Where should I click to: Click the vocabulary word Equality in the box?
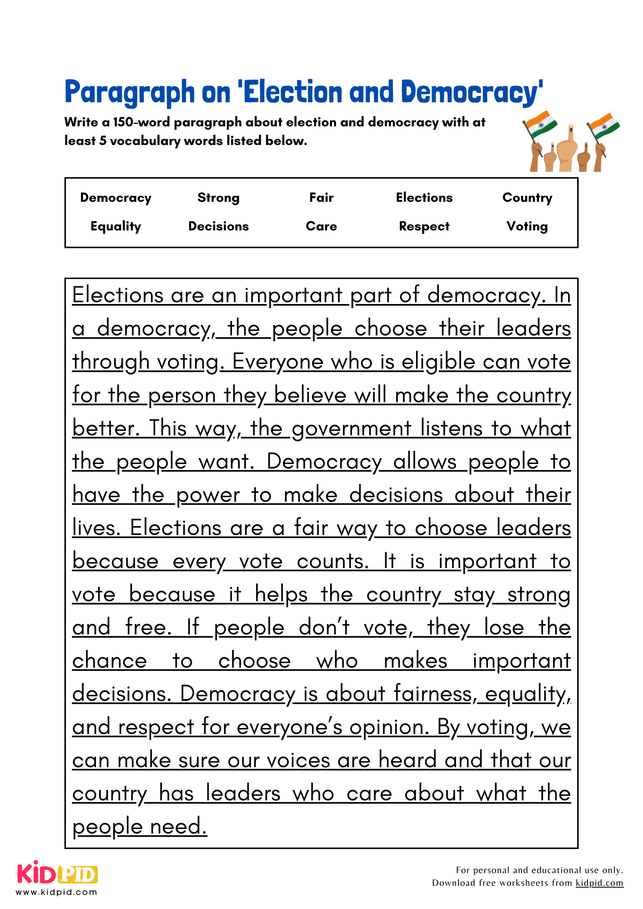[116, 226]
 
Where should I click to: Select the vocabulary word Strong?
[218, 198]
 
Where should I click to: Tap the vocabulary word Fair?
[321, 197]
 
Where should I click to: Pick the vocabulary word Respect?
[424, 226]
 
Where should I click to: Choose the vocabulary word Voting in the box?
[527, 226]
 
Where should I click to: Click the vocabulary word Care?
[321, 226]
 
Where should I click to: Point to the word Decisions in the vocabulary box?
[218, 226]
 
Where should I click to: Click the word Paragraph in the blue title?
[130, 92]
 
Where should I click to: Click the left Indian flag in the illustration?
[541, 124]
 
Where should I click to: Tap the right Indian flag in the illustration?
[604, 126]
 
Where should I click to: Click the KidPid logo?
[57, 874]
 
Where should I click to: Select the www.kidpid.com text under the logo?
[57, 892]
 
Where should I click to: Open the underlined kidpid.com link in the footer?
[599, 883]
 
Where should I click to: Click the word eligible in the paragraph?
[438, 362]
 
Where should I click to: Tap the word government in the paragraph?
[351, 429]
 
